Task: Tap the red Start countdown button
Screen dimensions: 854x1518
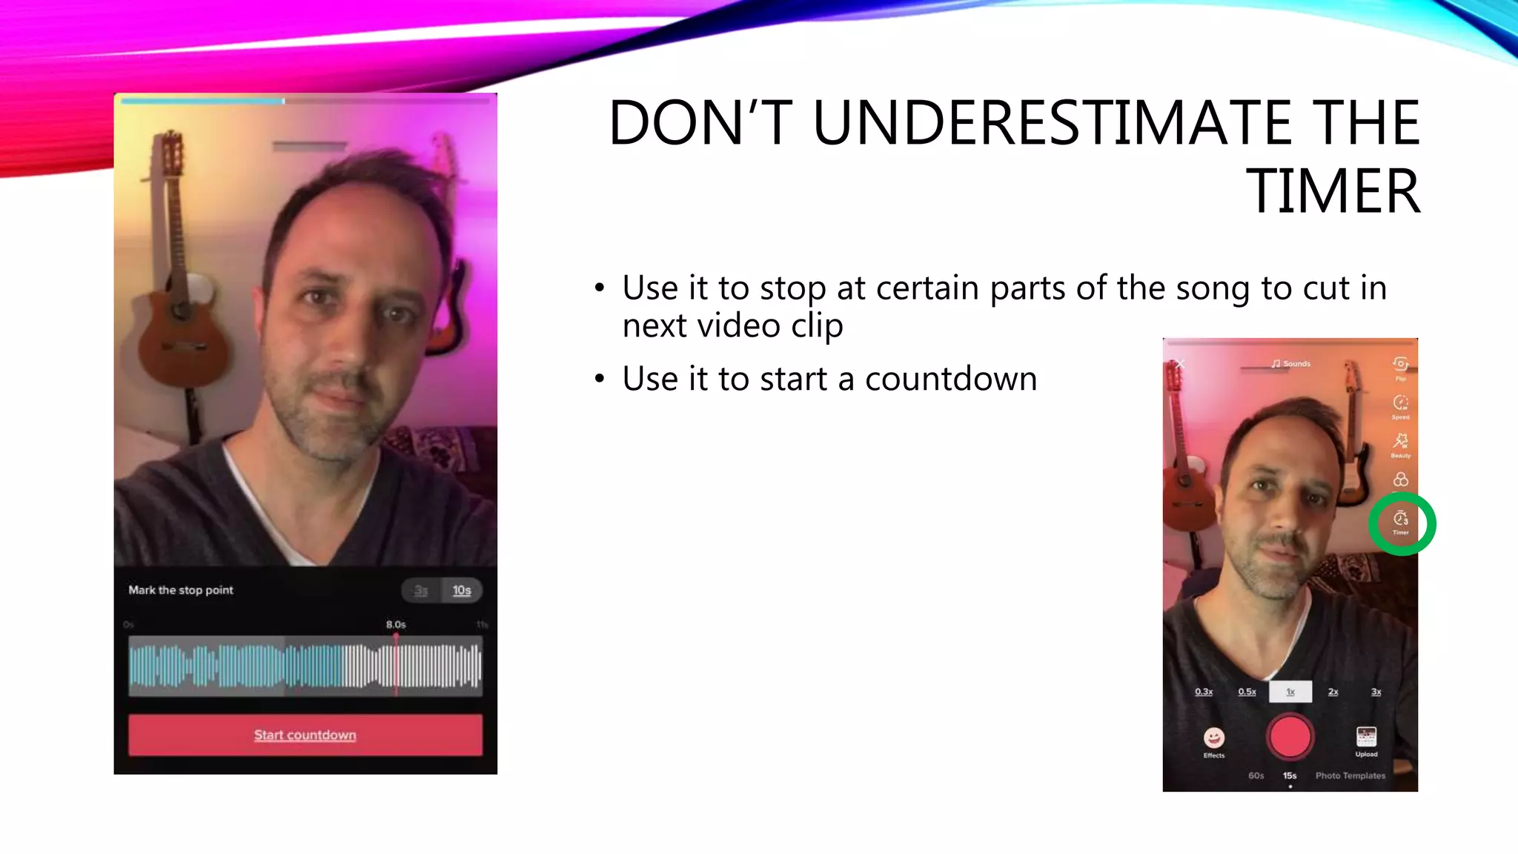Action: coord(305,735)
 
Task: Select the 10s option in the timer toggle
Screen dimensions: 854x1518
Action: coord(462,590)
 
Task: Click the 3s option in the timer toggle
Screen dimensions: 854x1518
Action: coord(421,590)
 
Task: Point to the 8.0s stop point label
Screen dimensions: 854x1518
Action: coord(396,624)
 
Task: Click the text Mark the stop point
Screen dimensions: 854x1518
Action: coord(181,590)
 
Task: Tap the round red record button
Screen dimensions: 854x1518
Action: coord(1290,736)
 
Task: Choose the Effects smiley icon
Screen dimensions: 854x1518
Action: coord(1213,738)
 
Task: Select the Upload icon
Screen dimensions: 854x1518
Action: coord(1366,737)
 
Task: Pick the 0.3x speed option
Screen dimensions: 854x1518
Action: coord(1204,692)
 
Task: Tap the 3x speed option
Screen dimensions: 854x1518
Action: coord(1376,692)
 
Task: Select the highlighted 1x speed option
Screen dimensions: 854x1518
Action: coord(1290,692)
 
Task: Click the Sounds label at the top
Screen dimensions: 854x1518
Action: coord(1291,364)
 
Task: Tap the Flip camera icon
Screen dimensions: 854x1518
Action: coord(1400,364)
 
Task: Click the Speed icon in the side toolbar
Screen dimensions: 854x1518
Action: coord(1400,403)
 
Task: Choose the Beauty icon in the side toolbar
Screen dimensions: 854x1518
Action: coord(1400,442)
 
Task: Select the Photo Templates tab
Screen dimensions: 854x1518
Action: coord(1350,775)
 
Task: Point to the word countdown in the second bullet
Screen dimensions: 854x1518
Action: coord(950,379)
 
